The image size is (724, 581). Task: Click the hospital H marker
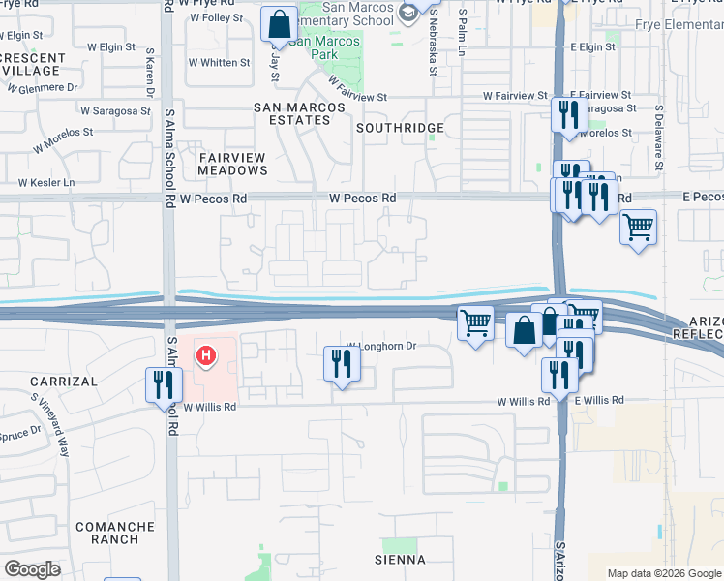(205, 356)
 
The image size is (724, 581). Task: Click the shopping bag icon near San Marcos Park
(279, 23)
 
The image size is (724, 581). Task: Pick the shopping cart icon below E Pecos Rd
(638, 228)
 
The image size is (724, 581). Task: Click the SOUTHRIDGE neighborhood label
(400, 128)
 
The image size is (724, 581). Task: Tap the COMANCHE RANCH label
(115, 533)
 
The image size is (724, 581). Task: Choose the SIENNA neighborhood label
(400, 560)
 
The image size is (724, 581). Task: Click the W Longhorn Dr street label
(381, 346)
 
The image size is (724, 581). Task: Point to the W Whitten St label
(218, 63)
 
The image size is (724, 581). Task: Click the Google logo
(32, 569)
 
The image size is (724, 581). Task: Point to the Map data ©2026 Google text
(663, 573)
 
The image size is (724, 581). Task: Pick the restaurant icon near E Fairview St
(564, 114)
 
